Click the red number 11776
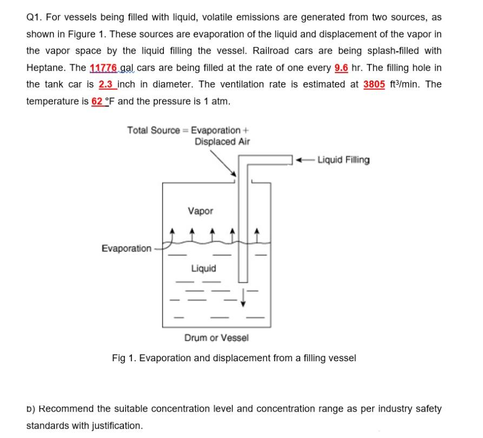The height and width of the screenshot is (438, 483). tap(102, 68)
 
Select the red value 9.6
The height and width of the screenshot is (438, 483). tap(341, 68)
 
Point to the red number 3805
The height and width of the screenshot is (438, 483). tap(374, 84)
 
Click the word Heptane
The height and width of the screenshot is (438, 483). tap(44, 68)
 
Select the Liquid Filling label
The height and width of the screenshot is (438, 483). tap(343, 160)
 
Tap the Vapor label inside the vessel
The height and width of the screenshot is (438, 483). tap(200, 211)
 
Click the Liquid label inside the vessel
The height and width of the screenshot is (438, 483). tap(203, 268)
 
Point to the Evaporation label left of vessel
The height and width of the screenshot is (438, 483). tap(127, 248)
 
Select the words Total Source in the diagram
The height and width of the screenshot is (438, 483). tap(154, 130)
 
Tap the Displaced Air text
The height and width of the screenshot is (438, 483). tap(222, 142)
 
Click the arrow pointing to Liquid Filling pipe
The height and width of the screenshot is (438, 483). tap(304, 160)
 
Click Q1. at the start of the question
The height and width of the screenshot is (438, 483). tap(35, 17)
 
